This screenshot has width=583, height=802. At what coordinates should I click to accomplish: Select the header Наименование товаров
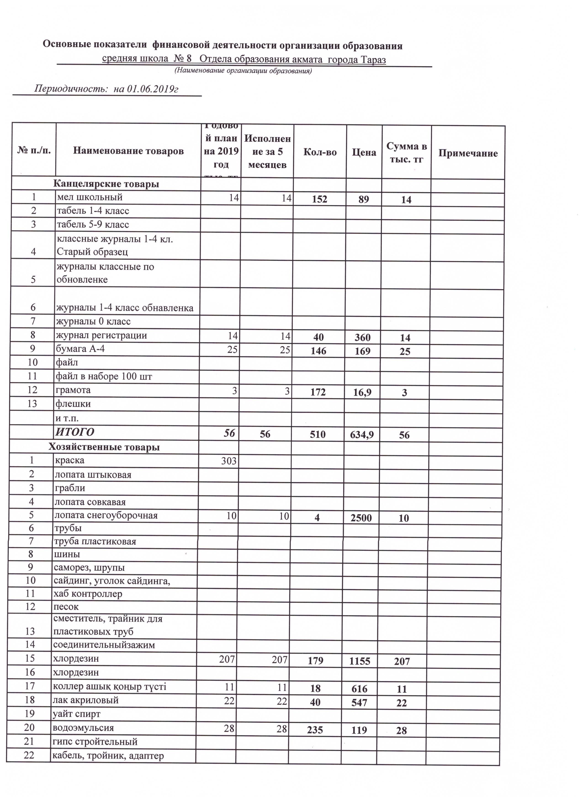(128, 151)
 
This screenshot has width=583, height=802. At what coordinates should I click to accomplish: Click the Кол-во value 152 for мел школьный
(320, 199)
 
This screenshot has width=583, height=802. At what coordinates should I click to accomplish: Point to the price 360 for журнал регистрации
(363, 337)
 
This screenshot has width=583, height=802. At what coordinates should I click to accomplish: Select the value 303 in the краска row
(228, 461)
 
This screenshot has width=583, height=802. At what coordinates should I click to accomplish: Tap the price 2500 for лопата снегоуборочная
(361, 518)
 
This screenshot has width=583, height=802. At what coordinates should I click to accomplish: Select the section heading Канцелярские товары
(106, 184)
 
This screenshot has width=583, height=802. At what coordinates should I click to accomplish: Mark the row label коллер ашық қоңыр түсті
(109, 686)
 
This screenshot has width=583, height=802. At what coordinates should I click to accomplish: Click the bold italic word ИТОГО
(75, 432)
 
